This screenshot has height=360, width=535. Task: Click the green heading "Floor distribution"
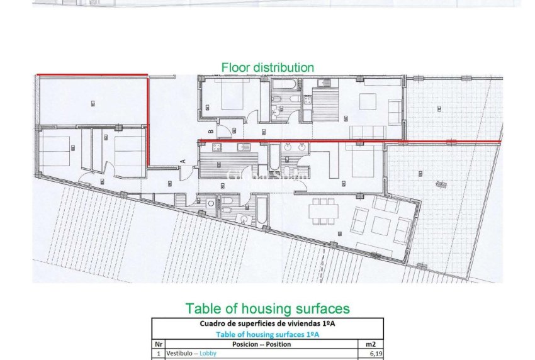coord(267,67)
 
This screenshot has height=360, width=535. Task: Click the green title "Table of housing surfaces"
coord(267,308)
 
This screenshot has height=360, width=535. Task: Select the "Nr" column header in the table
coord(159,344)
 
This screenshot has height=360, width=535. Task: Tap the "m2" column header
coord(371,344)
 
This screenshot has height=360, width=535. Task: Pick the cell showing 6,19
coord(374,354)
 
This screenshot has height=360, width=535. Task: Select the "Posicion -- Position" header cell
coord(261,344)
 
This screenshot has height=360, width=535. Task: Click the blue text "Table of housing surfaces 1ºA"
coord(267,334)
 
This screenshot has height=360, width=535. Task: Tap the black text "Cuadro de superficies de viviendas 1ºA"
coord(267,324)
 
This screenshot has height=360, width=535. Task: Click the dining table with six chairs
coord(323,211)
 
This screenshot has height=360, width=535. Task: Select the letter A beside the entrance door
coord(183,161)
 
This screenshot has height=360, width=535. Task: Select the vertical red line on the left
coord(148,120)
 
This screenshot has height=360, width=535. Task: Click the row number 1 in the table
coord(159,354)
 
